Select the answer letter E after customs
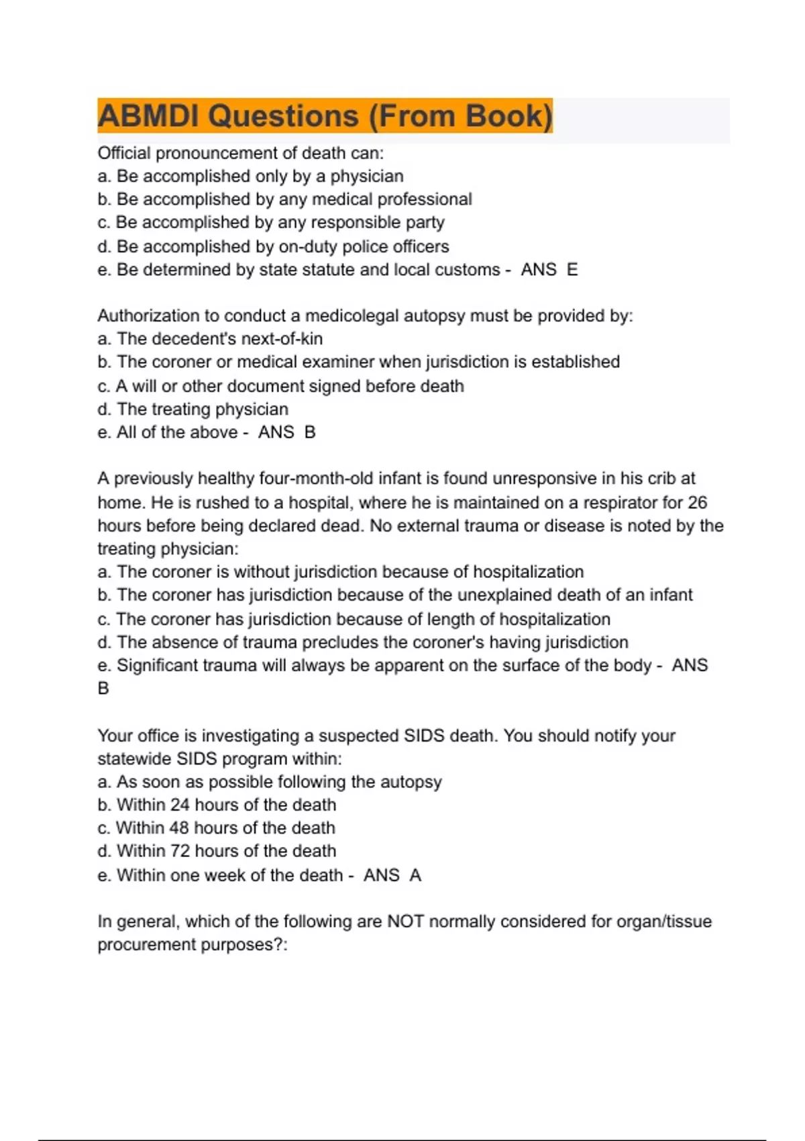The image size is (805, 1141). click(x=572, y=270)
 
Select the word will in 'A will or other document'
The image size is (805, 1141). click(x=144, y=387)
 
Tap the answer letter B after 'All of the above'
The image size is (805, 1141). click(x=310, y=432)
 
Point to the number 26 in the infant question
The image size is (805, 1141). click(x=697, y=503)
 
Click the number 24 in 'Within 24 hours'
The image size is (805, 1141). click(x=180, y=805)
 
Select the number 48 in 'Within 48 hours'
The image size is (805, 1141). click(x=179, y=828)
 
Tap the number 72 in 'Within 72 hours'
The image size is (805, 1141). click(x=180, y=851)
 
